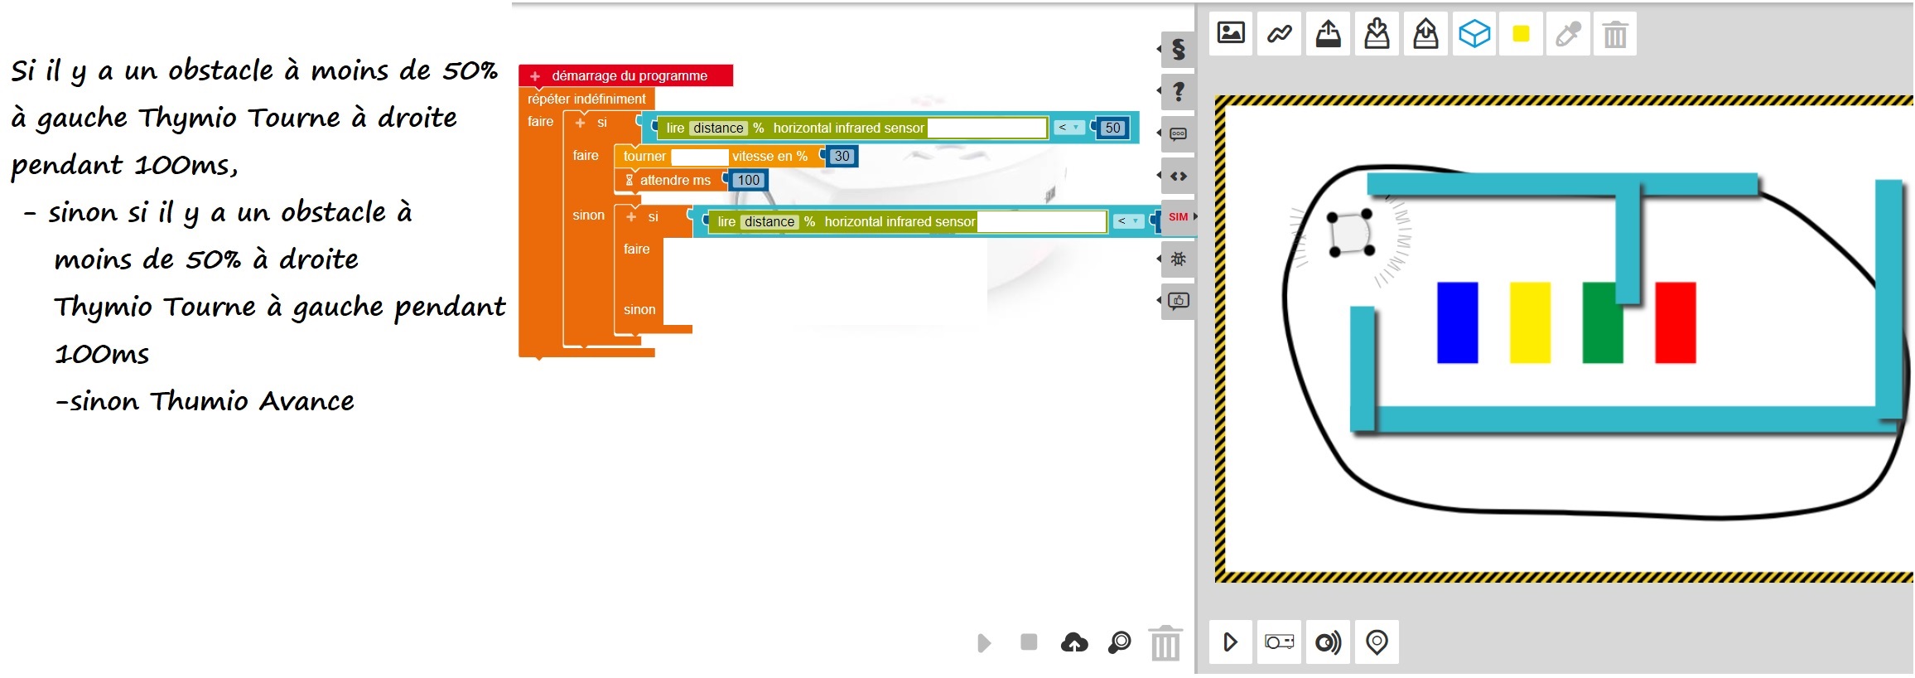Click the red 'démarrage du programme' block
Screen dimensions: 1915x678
(x=625, y=75)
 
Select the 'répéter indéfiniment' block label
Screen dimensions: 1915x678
(x=586, y=99)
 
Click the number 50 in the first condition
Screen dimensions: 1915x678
(x=1112, y=128)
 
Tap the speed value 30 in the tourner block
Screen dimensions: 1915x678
(x=842, y=156)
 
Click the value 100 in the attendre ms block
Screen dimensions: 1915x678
(x=748, y=180)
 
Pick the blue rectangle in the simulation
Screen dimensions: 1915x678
(x=1457, y=322)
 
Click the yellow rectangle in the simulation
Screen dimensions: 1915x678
(x=1530, y=322)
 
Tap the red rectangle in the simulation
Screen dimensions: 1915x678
(x=1676, y=322)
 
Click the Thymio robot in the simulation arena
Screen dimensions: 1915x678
(x=1351, y=233)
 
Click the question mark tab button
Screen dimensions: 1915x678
(x=1178, y=91)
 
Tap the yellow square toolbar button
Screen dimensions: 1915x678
(x=1521, y=34)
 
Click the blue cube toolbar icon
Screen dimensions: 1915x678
(x=1474, y=34)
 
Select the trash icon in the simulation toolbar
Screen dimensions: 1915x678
(x=1615, y=35)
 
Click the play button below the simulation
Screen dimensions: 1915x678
(x=1230, y=642)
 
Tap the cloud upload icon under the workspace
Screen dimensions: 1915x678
(x=1074, y=642)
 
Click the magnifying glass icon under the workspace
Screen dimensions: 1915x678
(x=1119, y=642)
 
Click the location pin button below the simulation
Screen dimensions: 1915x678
(x=1377, y=642)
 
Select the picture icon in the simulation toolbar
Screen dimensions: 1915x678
(x=1231, y=33)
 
